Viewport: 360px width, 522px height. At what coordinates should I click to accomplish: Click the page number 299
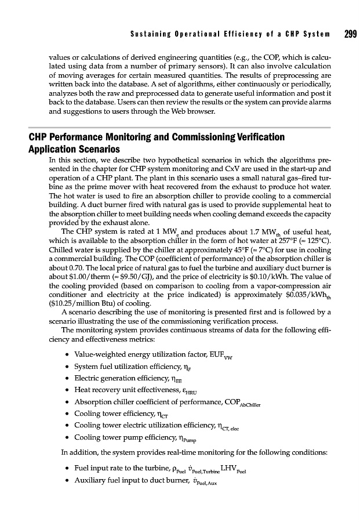350,34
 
